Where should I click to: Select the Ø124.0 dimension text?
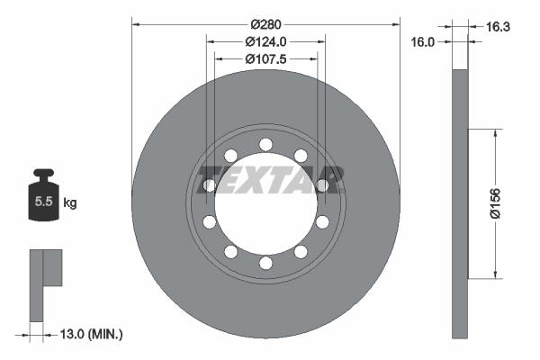pyautogui.click(x=265, y=40)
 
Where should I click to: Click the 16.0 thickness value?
pyautogui.click(x=423, y=41)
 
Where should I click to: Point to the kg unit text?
pyautogui.click(x=69, y=203)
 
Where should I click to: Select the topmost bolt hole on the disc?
pyautogui.click(x=265, y=144)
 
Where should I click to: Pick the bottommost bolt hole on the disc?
pyautogui.click(x=265, y=263)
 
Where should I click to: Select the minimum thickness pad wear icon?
pyautogui.click(x=47, y=283)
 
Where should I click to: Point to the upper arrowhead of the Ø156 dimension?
pyautogui.click(x=494, y=131)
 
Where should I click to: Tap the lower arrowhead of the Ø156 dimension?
pyautogui.click(x=494, y=275)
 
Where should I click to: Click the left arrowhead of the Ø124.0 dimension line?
pyautogui.click(x=211, y=40)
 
